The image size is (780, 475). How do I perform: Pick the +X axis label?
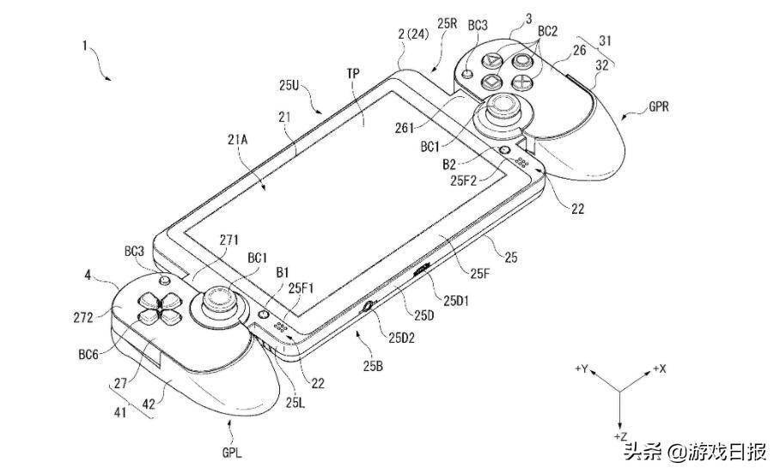coord(659,368)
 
